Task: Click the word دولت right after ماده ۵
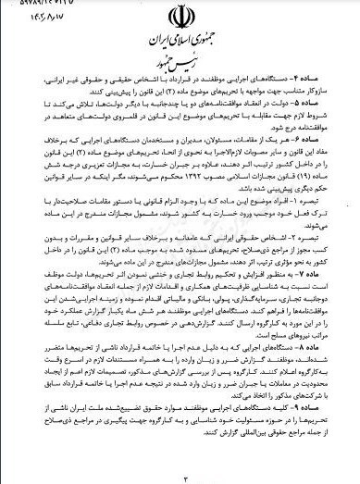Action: pyautogui.click(x=282, y=106)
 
